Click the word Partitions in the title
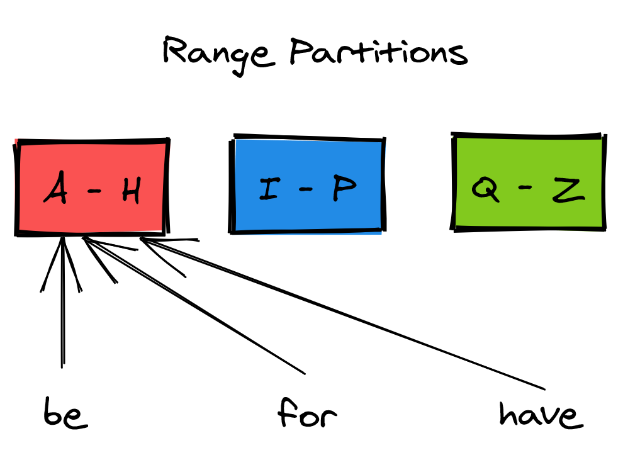coord(379,53)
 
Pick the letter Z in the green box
coord(568,189)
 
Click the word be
coord(65,415)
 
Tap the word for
coord(307,414)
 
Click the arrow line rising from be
coord(62,315)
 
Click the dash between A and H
coord(94,190)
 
